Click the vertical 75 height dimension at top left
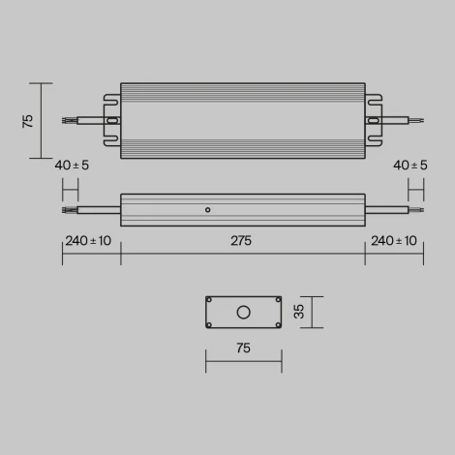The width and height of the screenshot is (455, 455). coord(28,120)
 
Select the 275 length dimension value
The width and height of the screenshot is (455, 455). coord(242,241)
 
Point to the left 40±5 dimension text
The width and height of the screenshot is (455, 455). coord(72,166)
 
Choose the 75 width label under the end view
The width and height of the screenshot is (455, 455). coord(243,348)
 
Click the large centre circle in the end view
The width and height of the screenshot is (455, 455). coord(243,312)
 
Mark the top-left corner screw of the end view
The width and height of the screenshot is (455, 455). coord(210,300)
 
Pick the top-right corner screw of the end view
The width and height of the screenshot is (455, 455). coord(277,300)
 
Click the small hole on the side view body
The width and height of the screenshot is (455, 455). coord(207,208)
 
